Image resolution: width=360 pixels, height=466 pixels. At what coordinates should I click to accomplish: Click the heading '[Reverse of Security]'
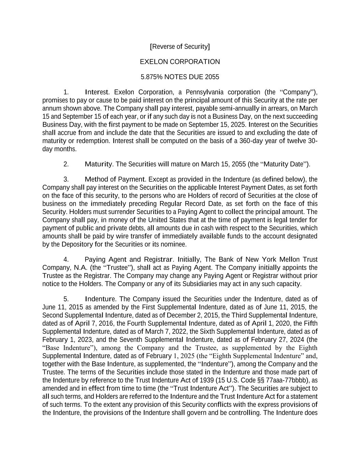[x=180, y=46]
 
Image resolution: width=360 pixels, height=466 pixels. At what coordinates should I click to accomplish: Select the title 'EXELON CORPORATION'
[x=180, y=62]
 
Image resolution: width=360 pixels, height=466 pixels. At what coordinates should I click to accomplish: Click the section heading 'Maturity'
[x=98, y=164]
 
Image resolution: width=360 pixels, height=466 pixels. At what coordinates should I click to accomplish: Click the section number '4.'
[x=66, y=259]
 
